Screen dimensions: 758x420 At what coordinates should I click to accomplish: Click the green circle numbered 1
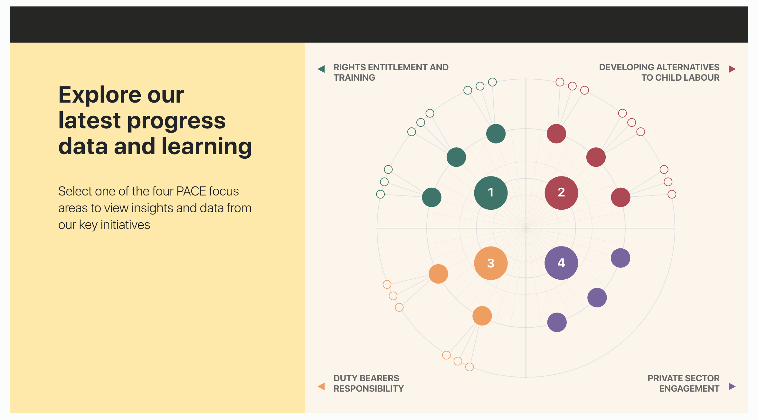(x=491, y=193)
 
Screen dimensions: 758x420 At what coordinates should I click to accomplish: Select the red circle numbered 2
(x=561, y=193)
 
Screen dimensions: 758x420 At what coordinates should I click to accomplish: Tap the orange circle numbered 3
(x=491, y=263)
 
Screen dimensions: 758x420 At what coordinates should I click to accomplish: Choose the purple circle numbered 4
(x=561, y=263)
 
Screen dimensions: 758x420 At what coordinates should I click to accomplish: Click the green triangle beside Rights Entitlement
(x=321, y=69)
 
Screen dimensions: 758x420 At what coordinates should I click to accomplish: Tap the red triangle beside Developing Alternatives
(x=732, y=69)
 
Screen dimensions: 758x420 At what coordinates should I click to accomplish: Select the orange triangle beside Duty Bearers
(x=321, y=386)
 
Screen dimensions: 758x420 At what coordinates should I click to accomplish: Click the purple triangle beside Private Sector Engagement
(x=732, y=386)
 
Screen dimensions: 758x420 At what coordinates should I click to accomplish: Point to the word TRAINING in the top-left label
(x=354, y=78)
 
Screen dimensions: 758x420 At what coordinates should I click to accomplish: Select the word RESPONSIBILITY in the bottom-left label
(x=368, y=389)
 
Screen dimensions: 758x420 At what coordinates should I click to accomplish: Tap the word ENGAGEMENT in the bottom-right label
(x=689, y=389)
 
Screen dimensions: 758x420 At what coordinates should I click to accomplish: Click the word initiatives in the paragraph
(x=125, y=225)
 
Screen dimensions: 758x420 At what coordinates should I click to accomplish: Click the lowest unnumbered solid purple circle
(x=557, y=322)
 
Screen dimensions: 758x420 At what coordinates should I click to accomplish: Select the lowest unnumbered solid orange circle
(x=482, y=315)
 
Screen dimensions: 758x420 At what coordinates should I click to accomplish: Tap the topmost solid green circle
(x=496, y=134)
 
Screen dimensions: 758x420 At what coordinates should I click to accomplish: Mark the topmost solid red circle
(x=556, y=134)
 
